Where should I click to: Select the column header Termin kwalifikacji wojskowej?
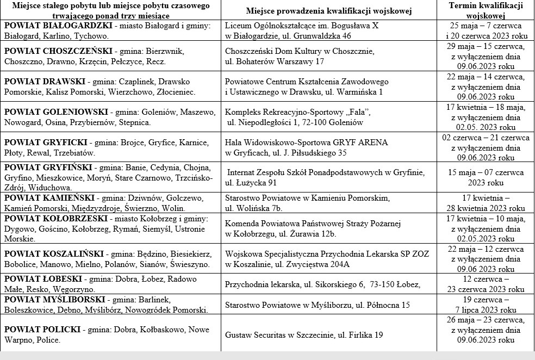[486, 10]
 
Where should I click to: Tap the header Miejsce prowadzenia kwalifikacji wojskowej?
[329, 11]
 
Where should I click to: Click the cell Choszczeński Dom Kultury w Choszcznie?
[300, 51]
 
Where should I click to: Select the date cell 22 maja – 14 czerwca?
[486, 86]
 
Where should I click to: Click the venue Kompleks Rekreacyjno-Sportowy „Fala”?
[297, 112]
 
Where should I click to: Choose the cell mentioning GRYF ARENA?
[306, 142]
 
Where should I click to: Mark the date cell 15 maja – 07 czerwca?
[486, 177]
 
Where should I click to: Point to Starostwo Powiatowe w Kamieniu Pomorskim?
[307, 197]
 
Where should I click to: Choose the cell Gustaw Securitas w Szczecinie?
[304, 335]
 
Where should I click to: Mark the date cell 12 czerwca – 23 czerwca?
[486, 284]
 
